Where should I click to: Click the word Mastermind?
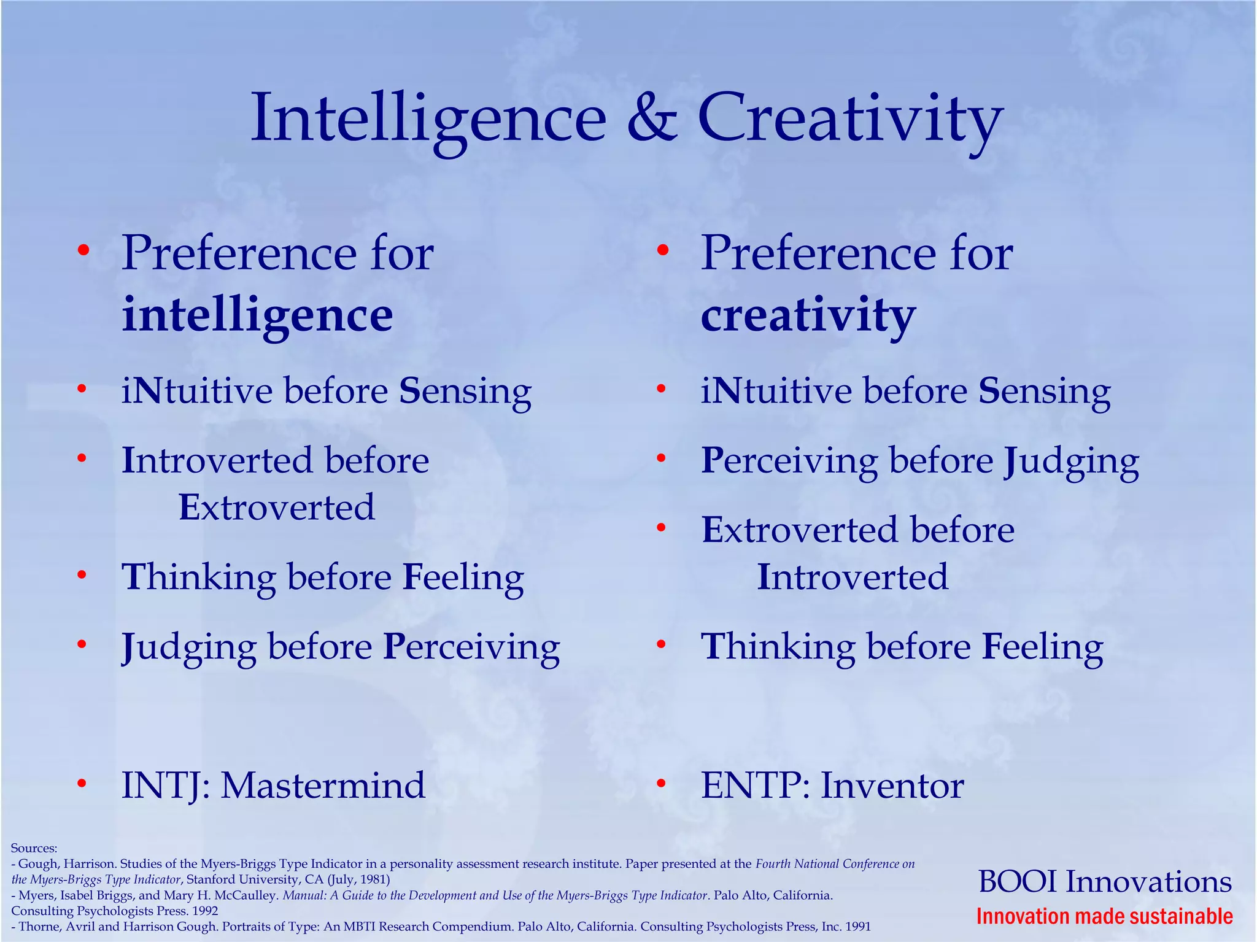323,786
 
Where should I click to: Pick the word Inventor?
892,786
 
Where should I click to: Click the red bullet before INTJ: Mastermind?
82,784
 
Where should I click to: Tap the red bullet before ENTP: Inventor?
661,784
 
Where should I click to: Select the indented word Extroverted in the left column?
276,508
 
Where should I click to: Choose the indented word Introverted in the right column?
853,577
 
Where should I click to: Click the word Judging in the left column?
189,648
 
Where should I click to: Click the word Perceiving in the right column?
789,461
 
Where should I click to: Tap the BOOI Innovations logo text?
1105,882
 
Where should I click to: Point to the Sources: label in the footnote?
34,849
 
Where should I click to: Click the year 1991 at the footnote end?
857,927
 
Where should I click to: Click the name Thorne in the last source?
37,927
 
